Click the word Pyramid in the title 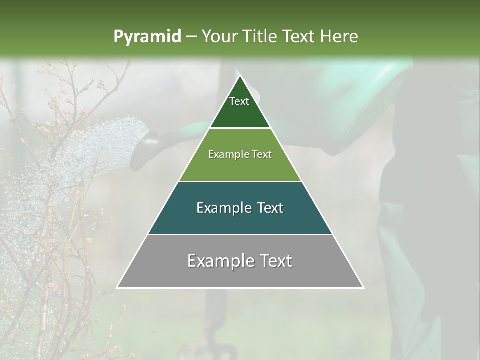[147, 37]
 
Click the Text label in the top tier [239, 101]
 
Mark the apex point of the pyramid [240, 75]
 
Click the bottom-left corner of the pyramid [117, 288]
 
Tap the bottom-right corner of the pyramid [363, 288]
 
